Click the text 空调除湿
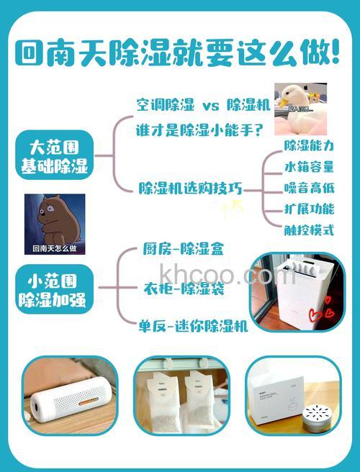click(x=165, y=105)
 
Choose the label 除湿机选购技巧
click(x=190, y=189)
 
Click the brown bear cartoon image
click(x=55, y=224)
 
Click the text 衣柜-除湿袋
click(x=184, y=289)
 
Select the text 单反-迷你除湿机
click(x=193, y=326)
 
